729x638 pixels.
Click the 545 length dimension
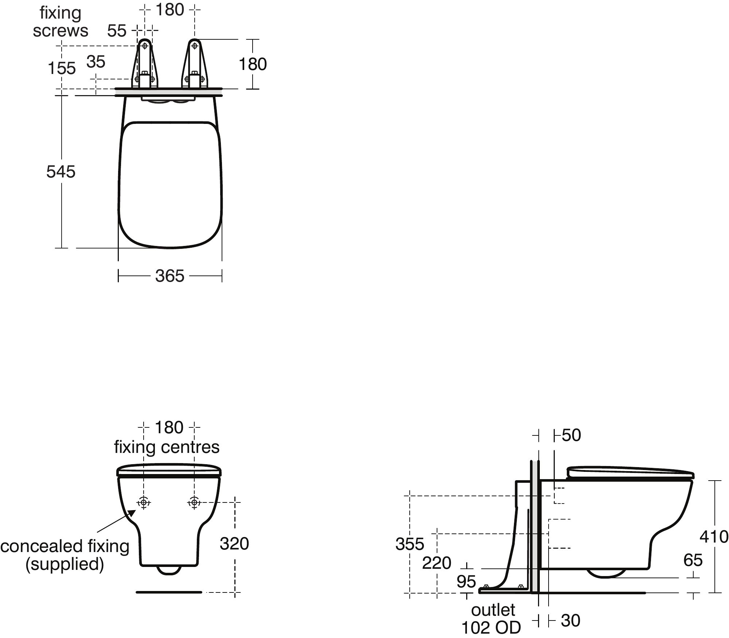pos(61,172)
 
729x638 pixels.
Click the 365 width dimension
pos(169,276)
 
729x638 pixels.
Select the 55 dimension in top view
pos(117,31)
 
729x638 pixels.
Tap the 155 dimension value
pos(62,69)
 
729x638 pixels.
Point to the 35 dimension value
pos(96,62)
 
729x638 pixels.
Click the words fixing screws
pos(61,22)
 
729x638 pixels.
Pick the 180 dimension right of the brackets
pos(253,64)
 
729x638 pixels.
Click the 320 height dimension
pos(234,544)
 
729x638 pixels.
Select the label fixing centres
pos(167,447)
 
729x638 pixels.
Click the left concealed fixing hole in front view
pos(144,502)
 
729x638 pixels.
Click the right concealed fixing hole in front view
pos(194,502)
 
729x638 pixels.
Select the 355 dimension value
pos(410,544)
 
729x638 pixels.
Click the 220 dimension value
pos(436,563)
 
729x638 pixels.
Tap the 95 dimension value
pos(466,582)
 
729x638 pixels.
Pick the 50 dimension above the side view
pos(571,435)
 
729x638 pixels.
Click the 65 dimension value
pos(693,560)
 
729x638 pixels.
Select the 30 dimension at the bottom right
pos(570,621)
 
